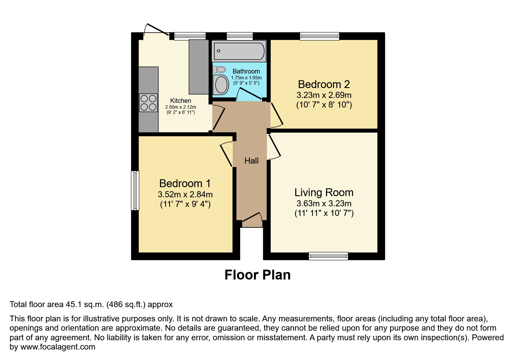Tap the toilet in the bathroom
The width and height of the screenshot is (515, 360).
[x=220, y=69]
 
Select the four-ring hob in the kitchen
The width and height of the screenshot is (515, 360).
[x=148, y=103]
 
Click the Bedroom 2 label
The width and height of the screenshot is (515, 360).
[x=324, y=84]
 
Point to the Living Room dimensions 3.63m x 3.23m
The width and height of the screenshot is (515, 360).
[x=324, y=203]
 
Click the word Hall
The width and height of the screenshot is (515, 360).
[x=251, y=161]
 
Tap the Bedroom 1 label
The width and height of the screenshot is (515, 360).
[x=185, y=183]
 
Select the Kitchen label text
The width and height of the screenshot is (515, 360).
[x=180, y=101]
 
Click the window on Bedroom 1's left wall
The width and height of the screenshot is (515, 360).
[x=135, y=190]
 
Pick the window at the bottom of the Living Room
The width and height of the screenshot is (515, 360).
[x=328, y=256]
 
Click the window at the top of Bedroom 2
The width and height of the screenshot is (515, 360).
[x=320, y=36]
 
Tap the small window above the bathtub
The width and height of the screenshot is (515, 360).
[x=240, y=36]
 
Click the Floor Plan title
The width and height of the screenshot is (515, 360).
[x=257, y=275]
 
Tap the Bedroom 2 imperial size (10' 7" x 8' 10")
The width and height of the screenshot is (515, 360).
[x=324, y=105]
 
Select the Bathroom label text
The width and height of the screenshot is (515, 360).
[x=246, y=71]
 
